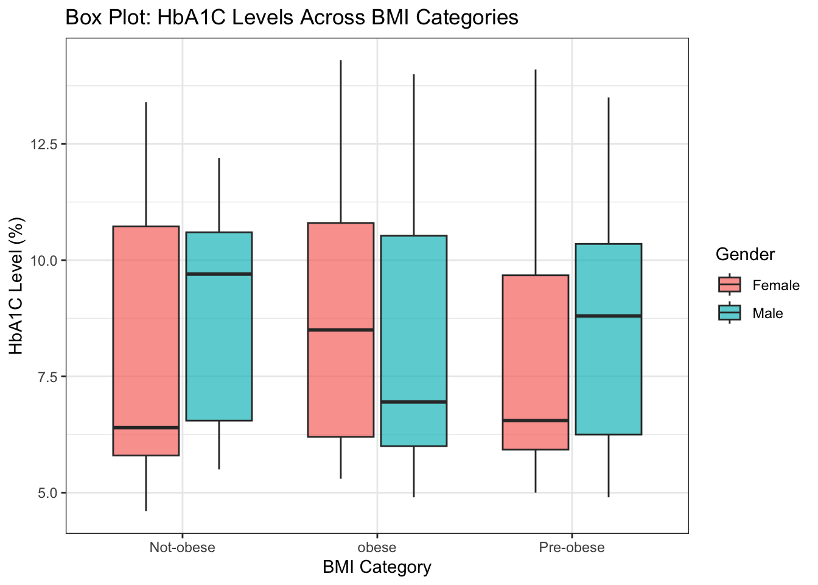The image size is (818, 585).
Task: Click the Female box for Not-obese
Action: [146, 341]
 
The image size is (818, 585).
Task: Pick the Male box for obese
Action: [414, 341]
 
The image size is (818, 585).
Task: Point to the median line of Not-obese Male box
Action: [219, 274]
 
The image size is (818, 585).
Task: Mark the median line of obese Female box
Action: [341, 330]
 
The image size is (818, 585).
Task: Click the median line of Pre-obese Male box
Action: [609, 316]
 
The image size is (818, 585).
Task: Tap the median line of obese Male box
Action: [414, 402]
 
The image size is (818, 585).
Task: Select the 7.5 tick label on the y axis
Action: [47, 377]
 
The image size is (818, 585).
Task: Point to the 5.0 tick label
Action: [47, 492]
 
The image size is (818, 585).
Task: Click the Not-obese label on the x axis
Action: [182, 547]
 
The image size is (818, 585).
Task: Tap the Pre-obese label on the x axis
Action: [572, 547]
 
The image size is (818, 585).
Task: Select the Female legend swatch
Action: [730, 285]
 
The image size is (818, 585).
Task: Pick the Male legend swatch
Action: [730, 313]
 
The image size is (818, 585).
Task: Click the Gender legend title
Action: [745, 254]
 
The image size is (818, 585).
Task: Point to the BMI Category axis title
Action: [377, 567]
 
